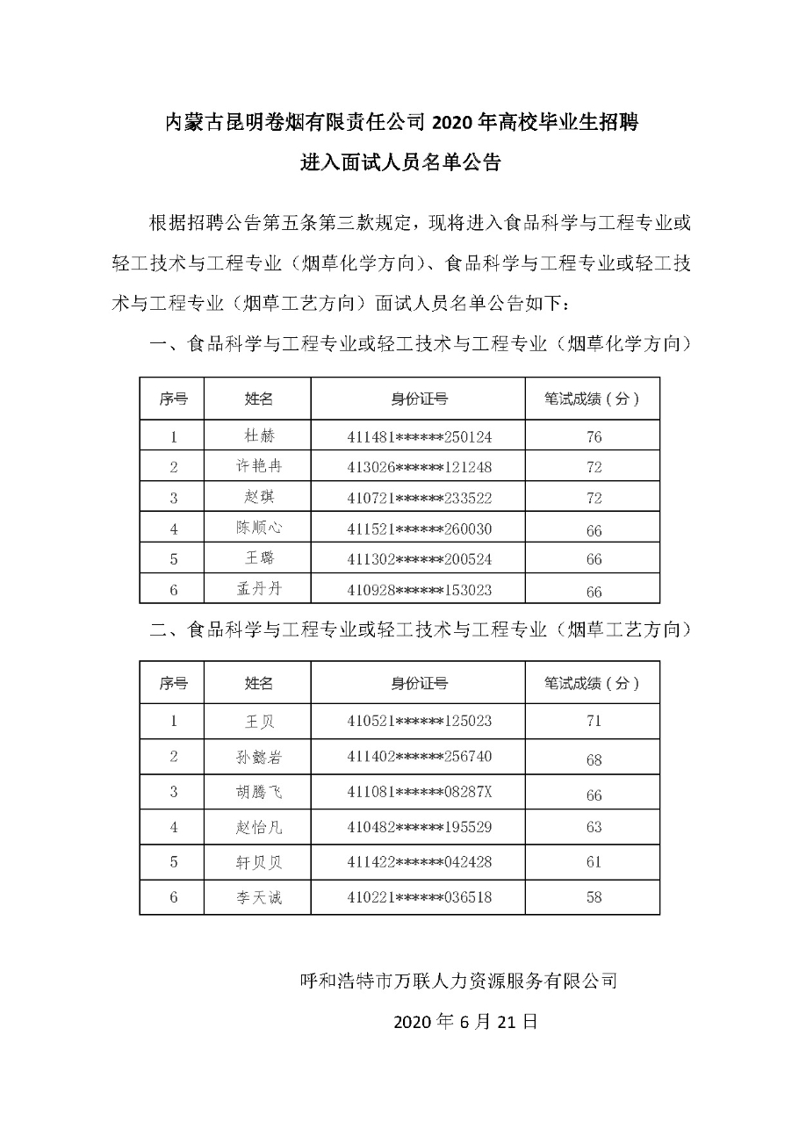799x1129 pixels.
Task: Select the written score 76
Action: tap(594, 436)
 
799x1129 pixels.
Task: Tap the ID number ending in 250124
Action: tap(419, 435)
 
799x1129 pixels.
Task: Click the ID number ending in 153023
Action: tap(419, 590)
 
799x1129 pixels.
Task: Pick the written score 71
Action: tap(594, 721)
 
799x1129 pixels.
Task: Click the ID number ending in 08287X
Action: tap(419, 792)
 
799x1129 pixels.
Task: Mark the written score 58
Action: tap(594, 897)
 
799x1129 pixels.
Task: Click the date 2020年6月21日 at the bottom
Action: tap(464, 1022)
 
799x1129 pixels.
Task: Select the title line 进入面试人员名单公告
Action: tap(400, 163)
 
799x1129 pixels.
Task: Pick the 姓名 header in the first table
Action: tap(258, 399)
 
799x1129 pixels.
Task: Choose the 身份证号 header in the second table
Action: tap(419, 683)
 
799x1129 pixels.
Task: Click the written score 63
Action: tap(594, 827)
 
